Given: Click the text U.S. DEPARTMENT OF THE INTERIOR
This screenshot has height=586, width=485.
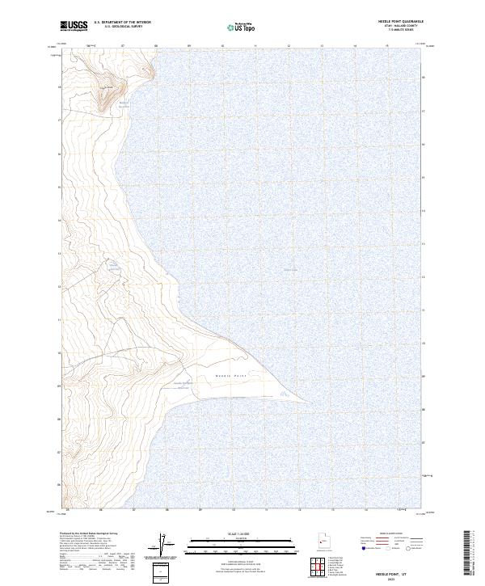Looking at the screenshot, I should click(x=122, y=23).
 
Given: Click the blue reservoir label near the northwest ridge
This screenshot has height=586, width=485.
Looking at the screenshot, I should click(x=124, y=104).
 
